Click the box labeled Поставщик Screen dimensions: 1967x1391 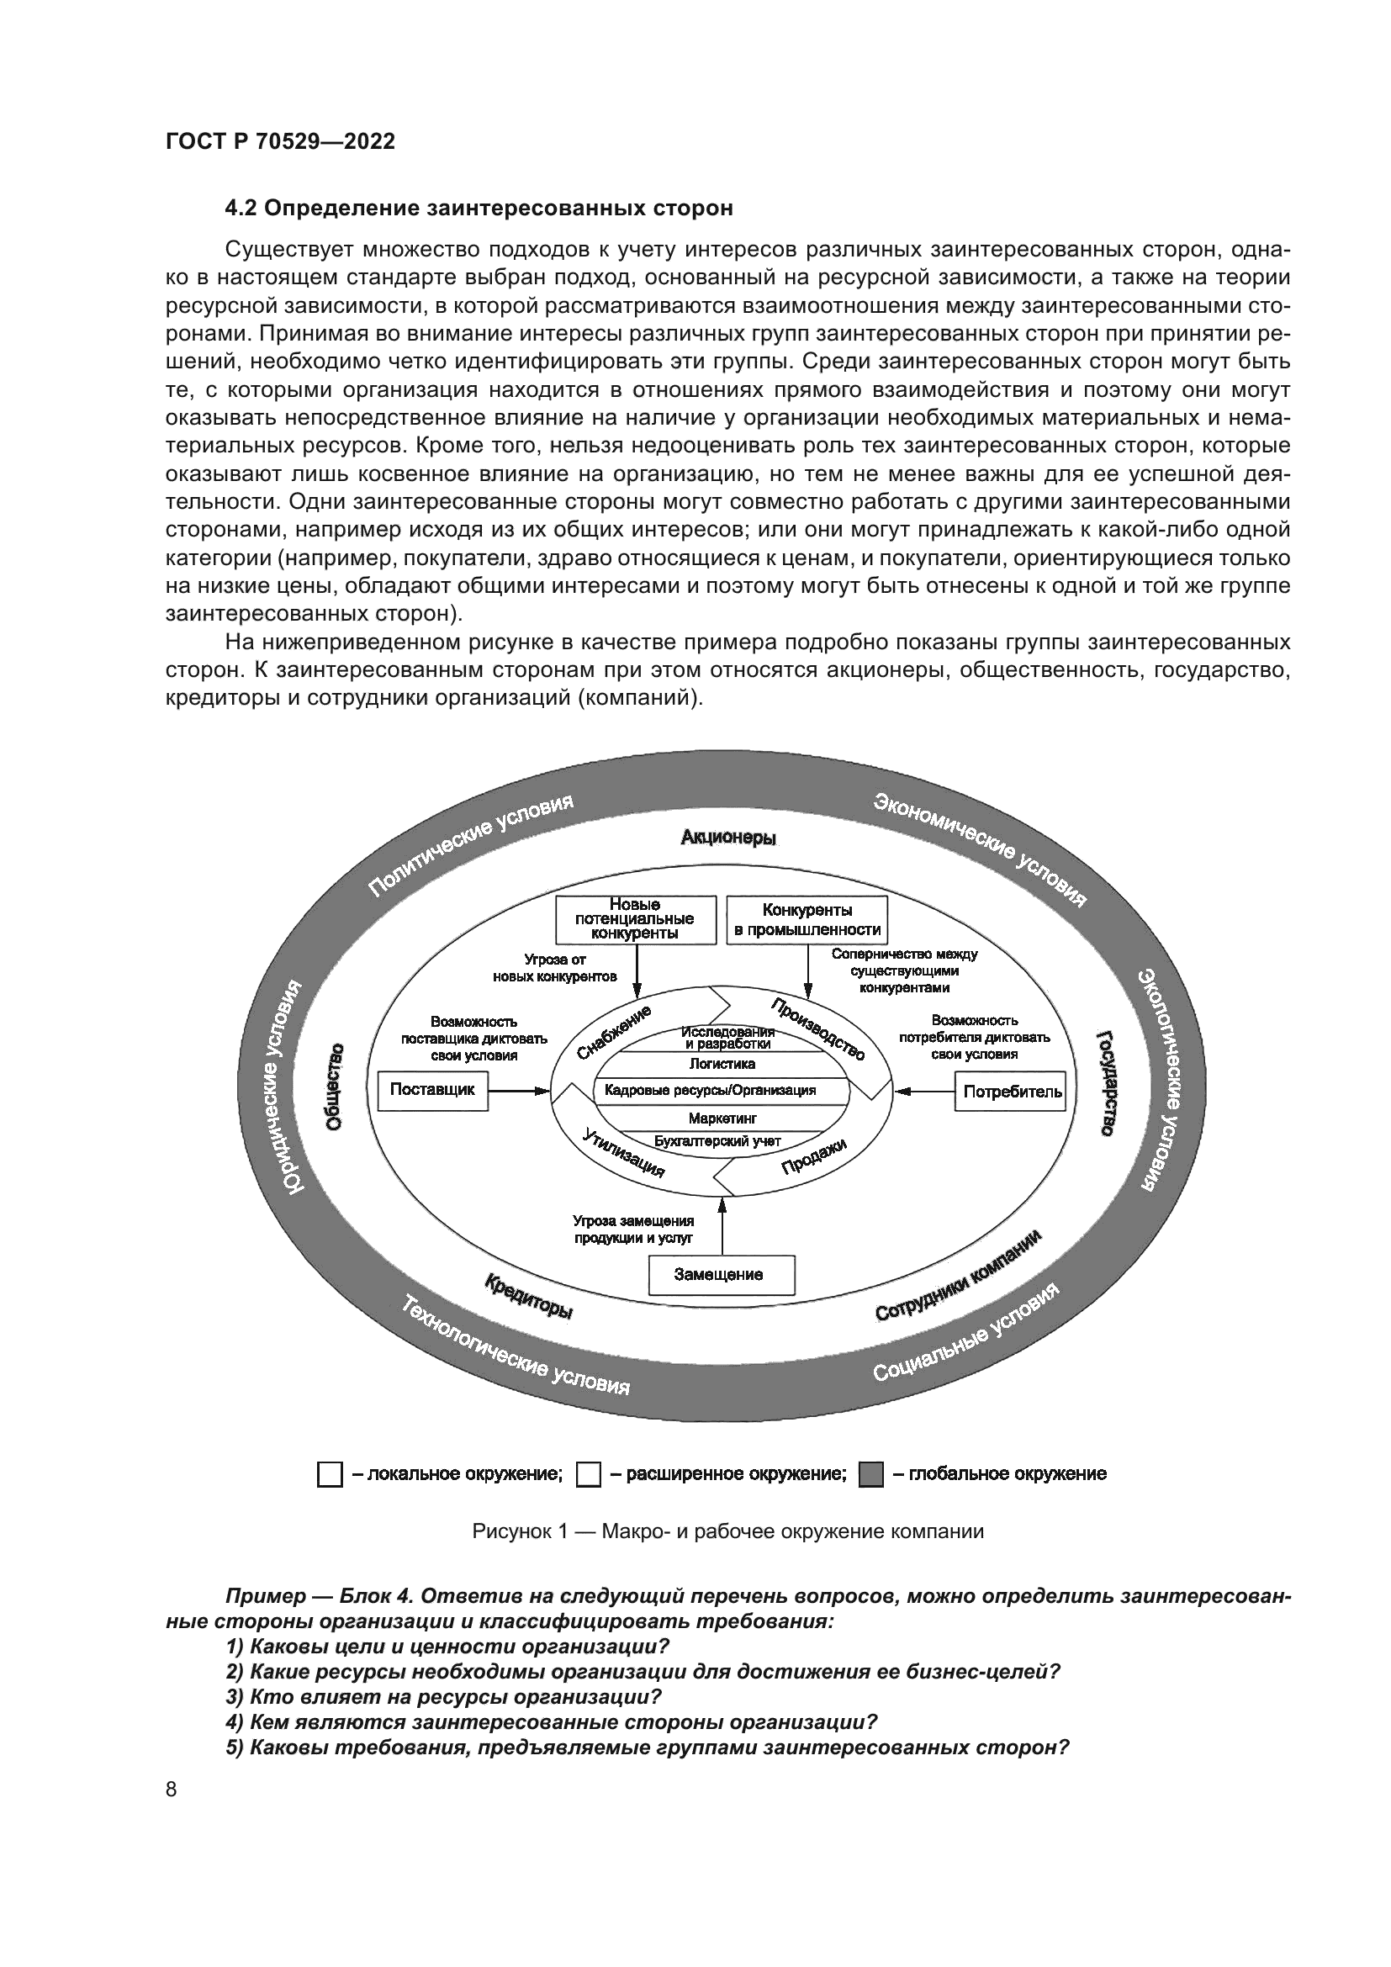(432, 1090)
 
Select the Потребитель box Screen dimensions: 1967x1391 (1012, 1092)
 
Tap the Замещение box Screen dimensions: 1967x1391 (722, 1275)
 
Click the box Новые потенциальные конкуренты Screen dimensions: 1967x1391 (636, 919)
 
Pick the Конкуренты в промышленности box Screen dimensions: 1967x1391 (807, 919)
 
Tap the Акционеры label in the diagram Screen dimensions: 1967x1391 (728, 838)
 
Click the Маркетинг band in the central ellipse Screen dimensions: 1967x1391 (722, 1118)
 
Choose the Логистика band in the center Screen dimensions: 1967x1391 (722, 1064)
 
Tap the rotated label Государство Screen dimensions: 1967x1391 (1106, 1084)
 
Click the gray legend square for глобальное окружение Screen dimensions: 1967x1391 (870, 1474)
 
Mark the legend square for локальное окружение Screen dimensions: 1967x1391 (330, 1474)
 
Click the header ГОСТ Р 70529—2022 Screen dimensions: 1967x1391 (280, 141)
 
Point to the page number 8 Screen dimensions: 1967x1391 (172, 1789)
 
